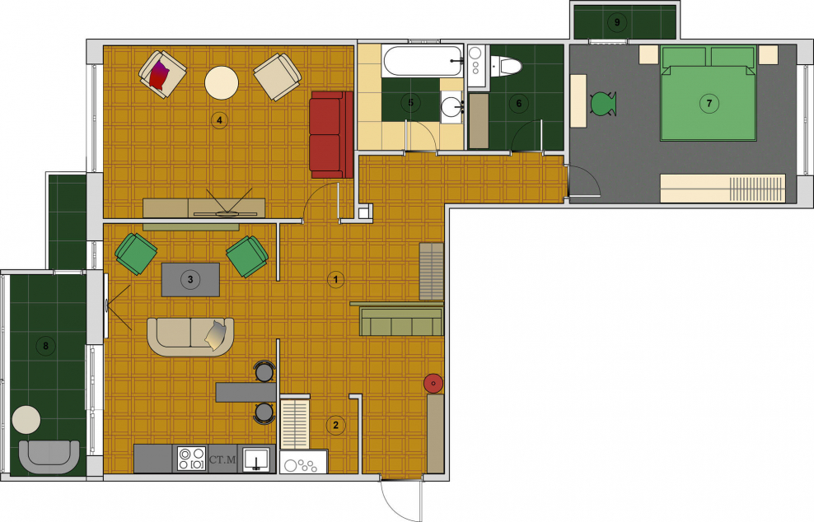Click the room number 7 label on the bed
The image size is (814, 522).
[709, 103]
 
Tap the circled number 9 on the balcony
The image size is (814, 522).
[617, 22]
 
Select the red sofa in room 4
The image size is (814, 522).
[331, 135]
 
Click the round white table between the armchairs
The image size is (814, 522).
[222, 82]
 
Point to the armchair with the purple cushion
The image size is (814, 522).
[162, 73]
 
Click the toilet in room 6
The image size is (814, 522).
[506, 66]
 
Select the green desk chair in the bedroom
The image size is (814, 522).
[603, 103]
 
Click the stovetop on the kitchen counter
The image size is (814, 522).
[191, 458]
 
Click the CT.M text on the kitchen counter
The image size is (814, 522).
[222, 459]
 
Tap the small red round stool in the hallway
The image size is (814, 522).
[433, 384]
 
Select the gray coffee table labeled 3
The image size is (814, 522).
[190, 280]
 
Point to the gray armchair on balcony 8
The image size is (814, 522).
[49, 457]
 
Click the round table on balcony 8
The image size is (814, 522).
[26, 420]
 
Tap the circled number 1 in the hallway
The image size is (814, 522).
[335, 280]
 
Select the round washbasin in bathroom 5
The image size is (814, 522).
[451, 107]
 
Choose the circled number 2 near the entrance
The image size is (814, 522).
[335, 425]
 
